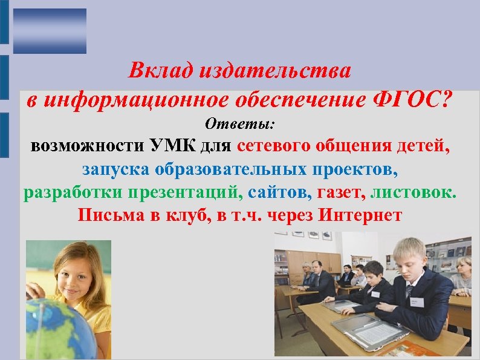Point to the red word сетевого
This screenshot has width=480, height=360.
click(274, 146)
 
